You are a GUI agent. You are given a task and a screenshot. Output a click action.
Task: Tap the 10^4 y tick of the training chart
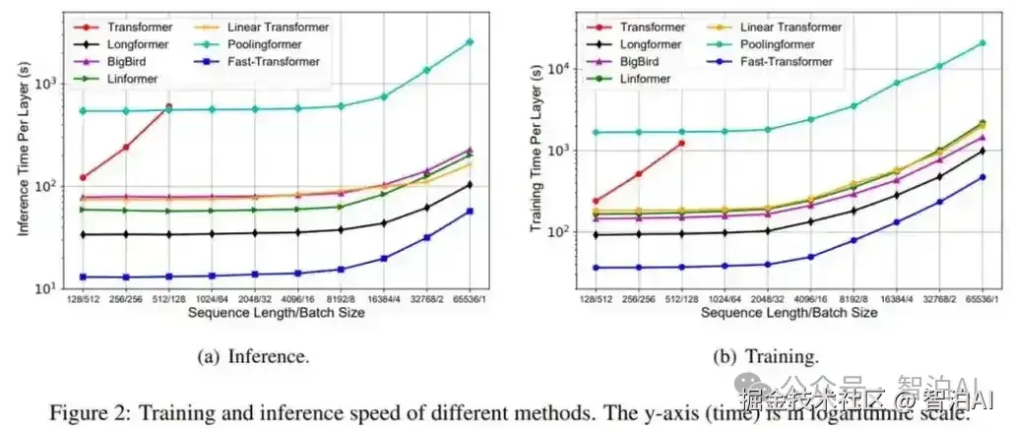561,68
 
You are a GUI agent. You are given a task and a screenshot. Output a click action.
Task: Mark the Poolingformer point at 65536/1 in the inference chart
469,41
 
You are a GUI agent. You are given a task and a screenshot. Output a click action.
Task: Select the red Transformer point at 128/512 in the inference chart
83,177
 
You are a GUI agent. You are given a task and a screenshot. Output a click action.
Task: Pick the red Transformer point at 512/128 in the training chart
680,143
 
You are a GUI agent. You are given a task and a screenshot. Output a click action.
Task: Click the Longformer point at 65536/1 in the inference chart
469,185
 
